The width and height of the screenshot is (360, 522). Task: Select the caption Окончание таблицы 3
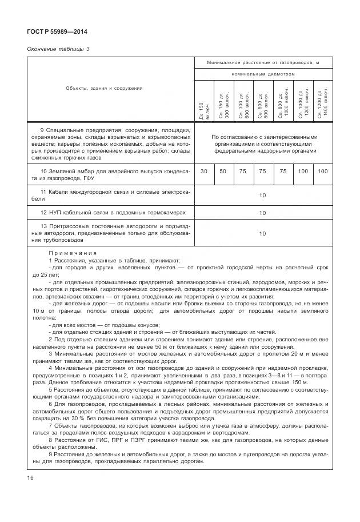[x=59, y=49]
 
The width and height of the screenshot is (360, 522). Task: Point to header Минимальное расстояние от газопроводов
[x=262, y=62]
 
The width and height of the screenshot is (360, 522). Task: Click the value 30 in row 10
[x=204, y=172]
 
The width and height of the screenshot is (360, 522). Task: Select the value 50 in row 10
[x=223, y=172]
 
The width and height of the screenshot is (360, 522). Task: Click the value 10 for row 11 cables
[x=262, y=195]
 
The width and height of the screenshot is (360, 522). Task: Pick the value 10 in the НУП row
[x=262, y=213]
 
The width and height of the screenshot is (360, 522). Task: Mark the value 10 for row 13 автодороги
[x=262, y=233]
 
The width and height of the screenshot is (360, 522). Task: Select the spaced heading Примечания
[x=73, y=252]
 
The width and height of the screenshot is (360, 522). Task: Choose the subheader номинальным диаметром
[x=263, y=74]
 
